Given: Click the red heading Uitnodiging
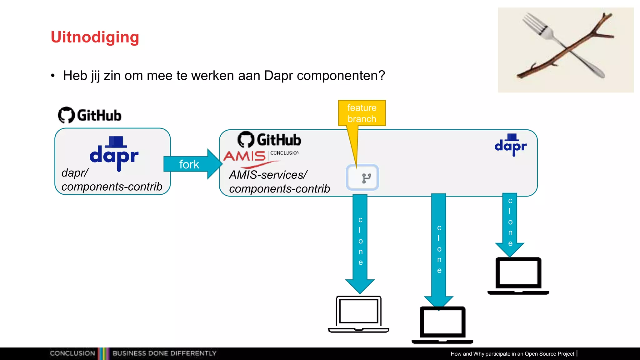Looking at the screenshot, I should click(x=95, y=37).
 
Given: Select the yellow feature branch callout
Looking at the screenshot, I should click(x=362, y=113).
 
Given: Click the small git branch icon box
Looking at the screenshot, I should click(x=362, y=177).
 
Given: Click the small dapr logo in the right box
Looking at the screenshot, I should click(x=511, y=145).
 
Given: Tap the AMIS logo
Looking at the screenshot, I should click(x=245, y=156).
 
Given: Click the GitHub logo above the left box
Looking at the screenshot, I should click(x=90, y=115).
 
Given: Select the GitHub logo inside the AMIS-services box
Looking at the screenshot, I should click(x=269, y=139).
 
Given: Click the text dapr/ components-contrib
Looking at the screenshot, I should click(x=111, y=180).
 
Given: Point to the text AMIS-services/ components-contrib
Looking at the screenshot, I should click(x=279, y=182).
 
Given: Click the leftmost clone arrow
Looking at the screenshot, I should click(x=360, y=241).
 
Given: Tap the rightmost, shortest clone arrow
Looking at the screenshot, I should click(x=510, y=222).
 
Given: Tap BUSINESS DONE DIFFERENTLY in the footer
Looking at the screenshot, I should click(x=164, y=353).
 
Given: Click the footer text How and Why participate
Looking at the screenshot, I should click(x=512, y=354).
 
